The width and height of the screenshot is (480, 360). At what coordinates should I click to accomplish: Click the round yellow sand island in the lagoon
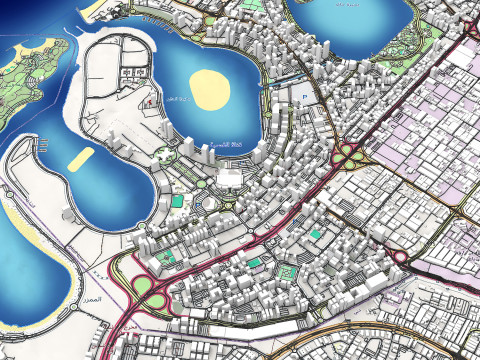click(210, 90)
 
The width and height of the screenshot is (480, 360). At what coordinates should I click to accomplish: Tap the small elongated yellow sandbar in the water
click(82, 158)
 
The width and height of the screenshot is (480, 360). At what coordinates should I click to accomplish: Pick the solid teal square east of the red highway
click(316, 233)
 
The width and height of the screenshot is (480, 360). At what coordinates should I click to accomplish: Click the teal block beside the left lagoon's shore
click(177, 201)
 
